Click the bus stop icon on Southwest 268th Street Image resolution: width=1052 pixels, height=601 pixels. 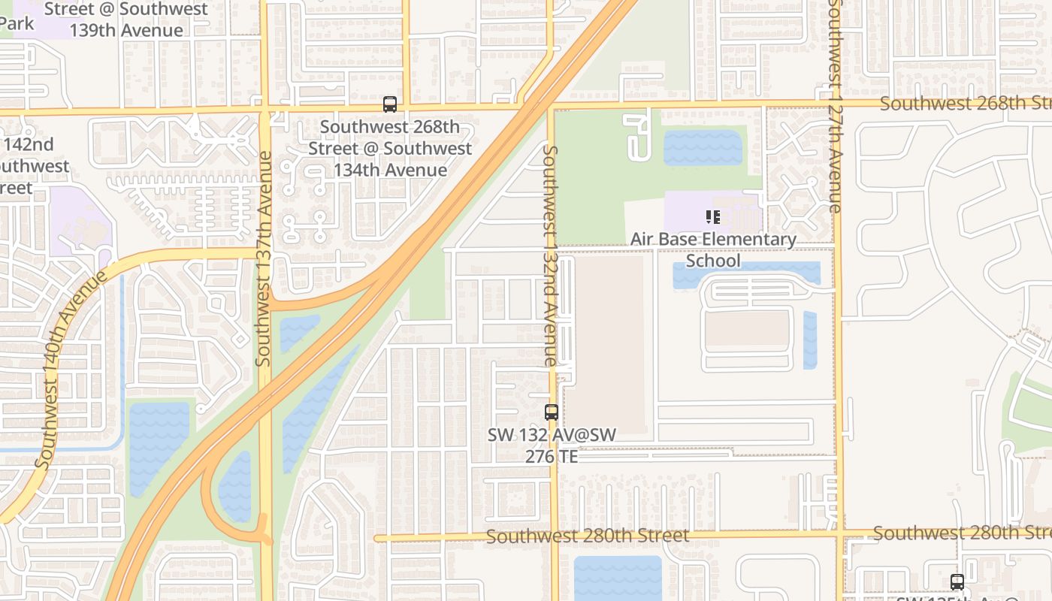[389, 104]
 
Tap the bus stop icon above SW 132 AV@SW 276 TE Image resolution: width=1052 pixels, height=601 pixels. [551, 412]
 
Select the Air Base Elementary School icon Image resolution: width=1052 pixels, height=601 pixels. [712, 218]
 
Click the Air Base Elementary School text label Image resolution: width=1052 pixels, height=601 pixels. [713, 249]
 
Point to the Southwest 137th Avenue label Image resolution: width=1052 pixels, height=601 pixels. [263, 259]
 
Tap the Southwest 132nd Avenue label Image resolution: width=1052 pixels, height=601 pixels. [550, 255]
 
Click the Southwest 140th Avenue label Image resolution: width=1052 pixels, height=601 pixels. [71, 368]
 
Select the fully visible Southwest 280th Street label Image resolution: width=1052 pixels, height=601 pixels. [587, 536]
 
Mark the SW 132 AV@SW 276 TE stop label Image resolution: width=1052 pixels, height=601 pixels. [552, 445]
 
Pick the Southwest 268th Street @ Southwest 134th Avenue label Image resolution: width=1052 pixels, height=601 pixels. [390, 149]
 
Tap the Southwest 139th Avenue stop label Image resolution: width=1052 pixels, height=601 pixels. [126, 20]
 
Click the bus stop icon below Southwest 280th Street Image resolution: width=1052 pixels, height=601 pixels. [957, 581]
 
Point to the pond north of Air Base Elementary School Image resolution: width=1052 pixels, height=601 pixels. [703, 147]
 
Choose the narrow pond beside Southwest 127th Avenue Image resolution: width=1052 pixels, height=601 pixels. [809, 340]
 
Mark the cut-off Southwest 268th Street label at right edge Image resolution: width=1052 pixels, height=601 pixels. [965, 104]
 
